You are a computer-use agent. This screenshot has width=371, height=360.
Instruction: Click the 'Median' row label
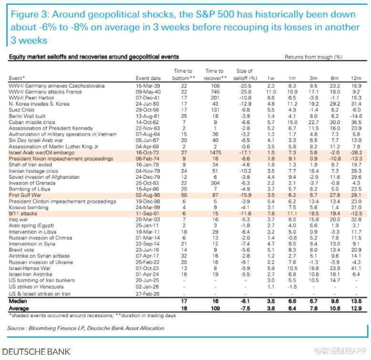click(18, 301)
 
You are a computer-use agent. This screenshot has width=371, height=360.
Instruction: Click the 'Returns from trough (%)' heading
click(313, 57)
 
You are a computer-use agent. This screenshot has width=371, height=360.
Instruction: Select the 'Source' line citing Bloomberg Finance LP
click(86, 328)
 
